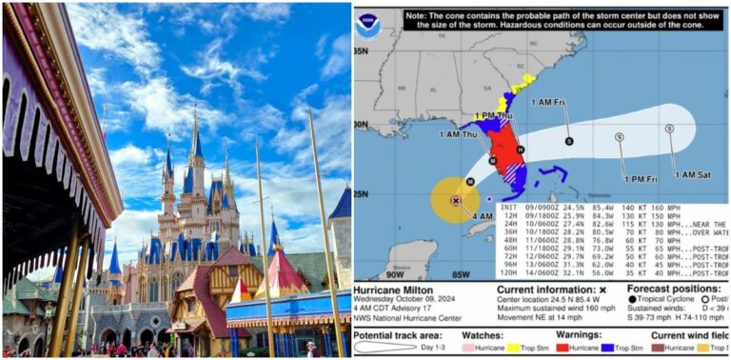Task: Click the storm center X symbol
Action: pos(455,201)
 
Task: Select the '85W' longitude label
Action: pos(462,274)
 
